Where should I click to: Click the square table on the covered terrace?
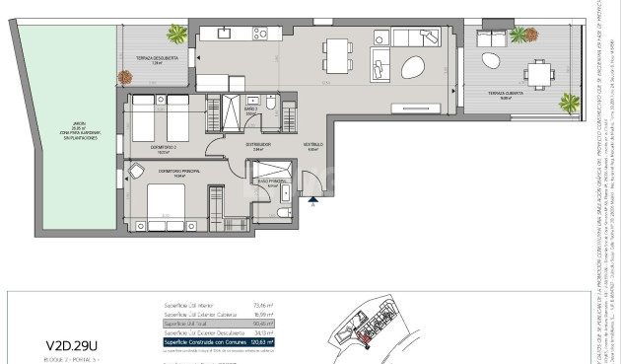click(x=537, y=74)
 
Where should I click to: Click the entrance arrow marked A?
click(x=312, y=205)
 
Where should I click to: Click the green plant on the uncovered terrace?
click(x=177, y=36)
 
